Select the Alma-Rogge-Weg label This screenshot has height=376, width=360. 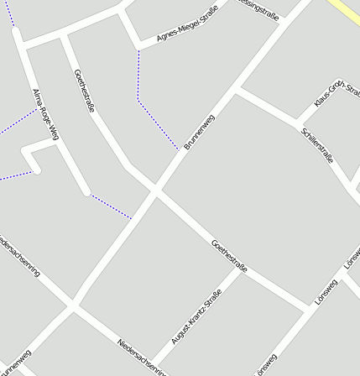pyautogui.click(x=44, y=113)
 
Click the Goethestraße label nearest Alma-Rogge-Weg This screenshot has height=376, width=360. pyautogui.click(x=85, y=91)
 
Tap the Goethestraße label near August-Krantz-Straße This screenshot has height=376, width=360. pyautogui.click(x=229, y=256)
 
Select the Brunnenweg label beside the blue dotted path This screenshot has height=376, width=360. pyautogui.click(x=199, y=132)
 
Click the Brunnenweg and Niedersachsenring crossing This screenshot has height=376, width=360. pyautogui.click(x=73, y=306)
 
